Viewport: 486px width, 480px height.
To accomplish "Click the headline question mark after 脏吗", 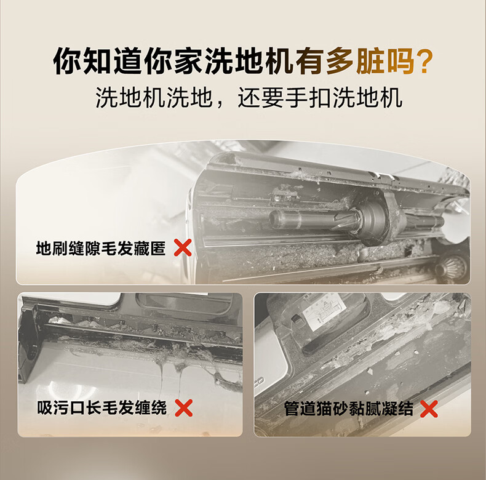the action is click(x=422, y=61).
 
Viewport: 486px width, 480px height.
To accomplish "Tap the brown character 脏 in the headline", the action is click(x=370, y=61).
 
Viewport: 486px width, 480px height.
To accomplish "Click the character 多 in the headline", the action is click(x=340, y=61).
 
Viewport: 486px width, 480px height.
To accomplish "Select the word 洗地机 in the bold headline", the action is click(x=249, y=61).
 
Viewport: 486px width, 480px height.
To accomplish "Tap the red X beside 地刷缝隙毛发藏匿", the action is click(x=183, y=248).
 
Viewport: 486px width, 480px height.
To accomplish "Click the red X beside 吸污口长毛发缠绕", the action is click(x=183, y=408).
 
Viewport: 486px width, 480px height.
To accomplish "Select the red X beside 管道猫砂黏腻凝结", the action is click(x=429, y=409).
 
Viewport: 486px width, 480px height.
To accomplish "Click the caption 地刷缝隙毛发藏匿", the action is click(x=101, y=249).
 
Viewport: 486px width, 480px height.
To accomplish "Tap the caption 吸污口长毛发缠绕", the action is click(x=102, y=408).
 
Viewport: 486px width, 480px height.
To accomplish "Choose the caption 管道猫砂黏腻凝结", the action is click(x=349, y=409).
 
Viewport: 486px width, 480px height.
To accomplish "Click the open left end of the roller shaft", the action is click(x=274, y=218).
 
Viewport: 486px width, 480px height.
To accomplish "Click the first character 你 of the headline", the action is click(x=67, y=61).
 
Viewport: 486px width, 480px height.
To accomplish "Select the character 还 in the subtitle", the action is click(x=249, y=98).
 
